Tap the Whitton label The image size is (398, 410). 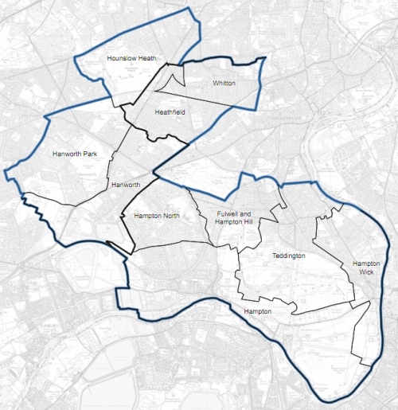point(224,83)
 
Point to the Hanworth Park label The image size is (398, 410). point(74,153)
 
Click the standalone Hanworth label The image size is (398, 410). point(126,185)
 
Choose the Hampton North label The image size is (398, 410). point(158,216)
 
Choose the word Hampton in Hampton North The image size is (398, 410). point(149,216)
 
